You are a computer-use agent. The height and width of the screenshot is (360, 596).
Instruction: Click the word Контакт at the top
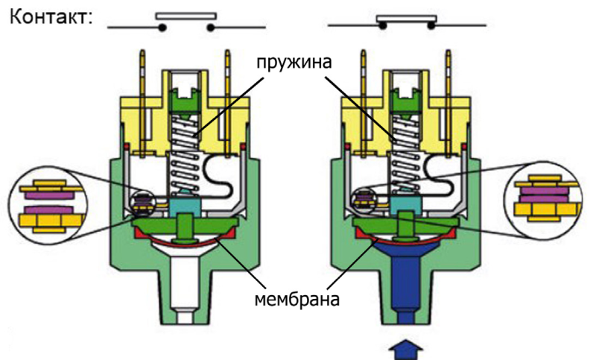click(x=49, y=16)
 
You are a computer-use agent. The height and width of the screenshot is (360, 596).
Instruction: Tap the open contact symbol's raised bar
click(x=186, y=14)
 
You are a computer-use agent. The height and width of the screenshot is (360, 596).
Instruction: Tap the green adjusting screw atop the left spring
click(x=184, y=95)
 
